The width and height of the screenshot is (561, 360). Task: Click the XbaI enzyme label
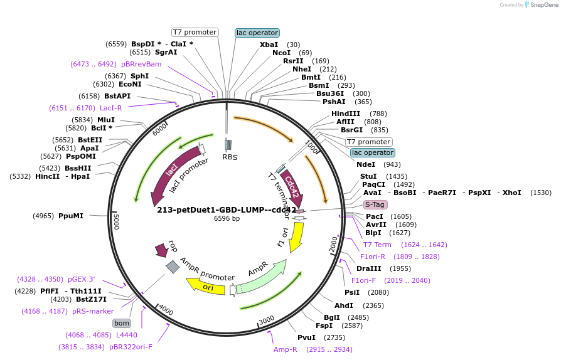(x=269, y=45)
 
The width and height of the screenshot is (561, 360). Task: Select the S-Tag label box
(x=375, y=204)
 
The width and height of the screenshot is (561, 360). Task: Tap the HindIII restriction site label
(x=346, y=114)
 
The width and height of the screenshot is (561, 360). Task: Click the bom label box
(x=121, y=323)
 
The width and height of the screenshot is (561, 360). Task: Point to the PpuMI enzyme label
(x=71, y=216)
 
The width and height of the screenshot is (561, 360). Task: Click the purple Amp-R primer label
(x=286, y=349)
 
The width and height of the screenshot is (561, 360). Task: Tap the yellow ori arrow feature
(x=207, y=287)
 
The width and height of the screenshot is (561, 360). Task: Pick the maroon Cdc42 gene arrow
(x=292, y=189)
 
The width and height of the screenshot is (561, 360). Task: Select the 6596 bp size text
(x=227, y=219)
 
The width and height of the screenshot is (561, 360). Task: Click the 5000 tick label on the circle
(x=116, y=221)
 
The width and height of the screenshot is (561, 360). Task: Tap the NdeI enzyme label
(x=366, y=164)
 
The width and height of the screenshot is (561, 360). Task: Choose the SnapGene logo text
(x=540, y=5)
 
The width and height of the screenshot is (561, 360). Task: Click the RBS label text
(x=230, y=157)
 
